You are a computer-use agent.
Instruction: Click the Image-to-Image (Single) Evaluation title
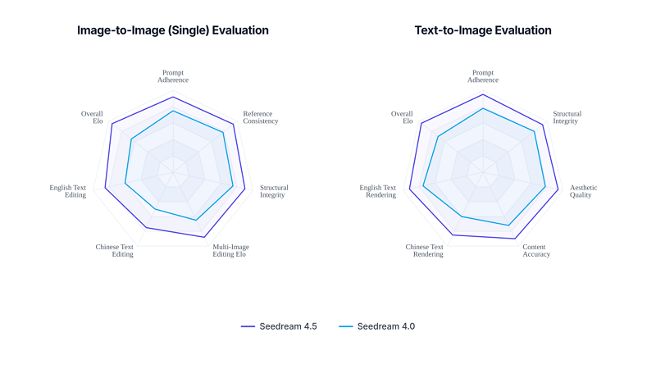click(173, 30)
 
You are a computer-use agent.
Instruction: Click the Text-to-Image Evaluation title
click(483, 30)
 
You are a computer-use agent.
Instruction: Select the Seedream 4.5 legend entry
click(279, 326)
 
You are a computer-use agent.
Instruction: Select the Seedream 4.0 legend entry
click(376, 326)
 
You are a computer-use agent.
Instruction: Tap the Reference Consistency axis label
click(261, 117)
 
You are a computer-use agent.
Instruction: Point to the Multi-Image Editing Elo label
click(230, 250)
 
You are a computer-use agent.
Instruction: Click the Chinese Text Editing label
click(115, 250)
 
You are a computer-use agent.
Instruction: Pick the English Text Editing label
click(68, 191)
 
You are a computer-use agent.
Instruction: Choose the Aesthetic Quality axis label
click(583, 191)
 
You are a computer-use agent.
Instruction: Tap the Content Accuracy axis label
click(535, 250)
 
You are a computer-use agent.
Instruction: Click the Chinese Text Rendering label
click(425, 250)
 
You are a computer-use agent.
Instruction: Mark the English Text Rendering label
click(378, 191)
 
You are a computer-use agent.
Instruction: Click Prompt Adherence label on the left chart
click(173, 76)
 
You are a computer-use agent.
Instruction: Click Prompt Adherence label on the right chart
click(483, 76)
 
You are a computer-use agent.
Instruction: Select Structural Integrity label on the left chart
click(274, 191)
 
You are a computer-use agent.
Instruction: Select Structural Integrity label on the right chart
click(567, 117)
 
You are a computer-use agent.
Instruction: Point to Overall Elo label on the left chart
click(92, 117)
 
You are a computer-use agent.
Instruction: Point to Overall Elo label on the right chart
click(402, 117)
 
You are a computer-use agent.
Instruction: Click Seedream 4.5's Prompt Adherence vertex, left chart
click(172, 97)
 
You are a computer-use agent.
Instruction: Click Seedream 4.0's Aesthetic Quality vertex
click(546, 186)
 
